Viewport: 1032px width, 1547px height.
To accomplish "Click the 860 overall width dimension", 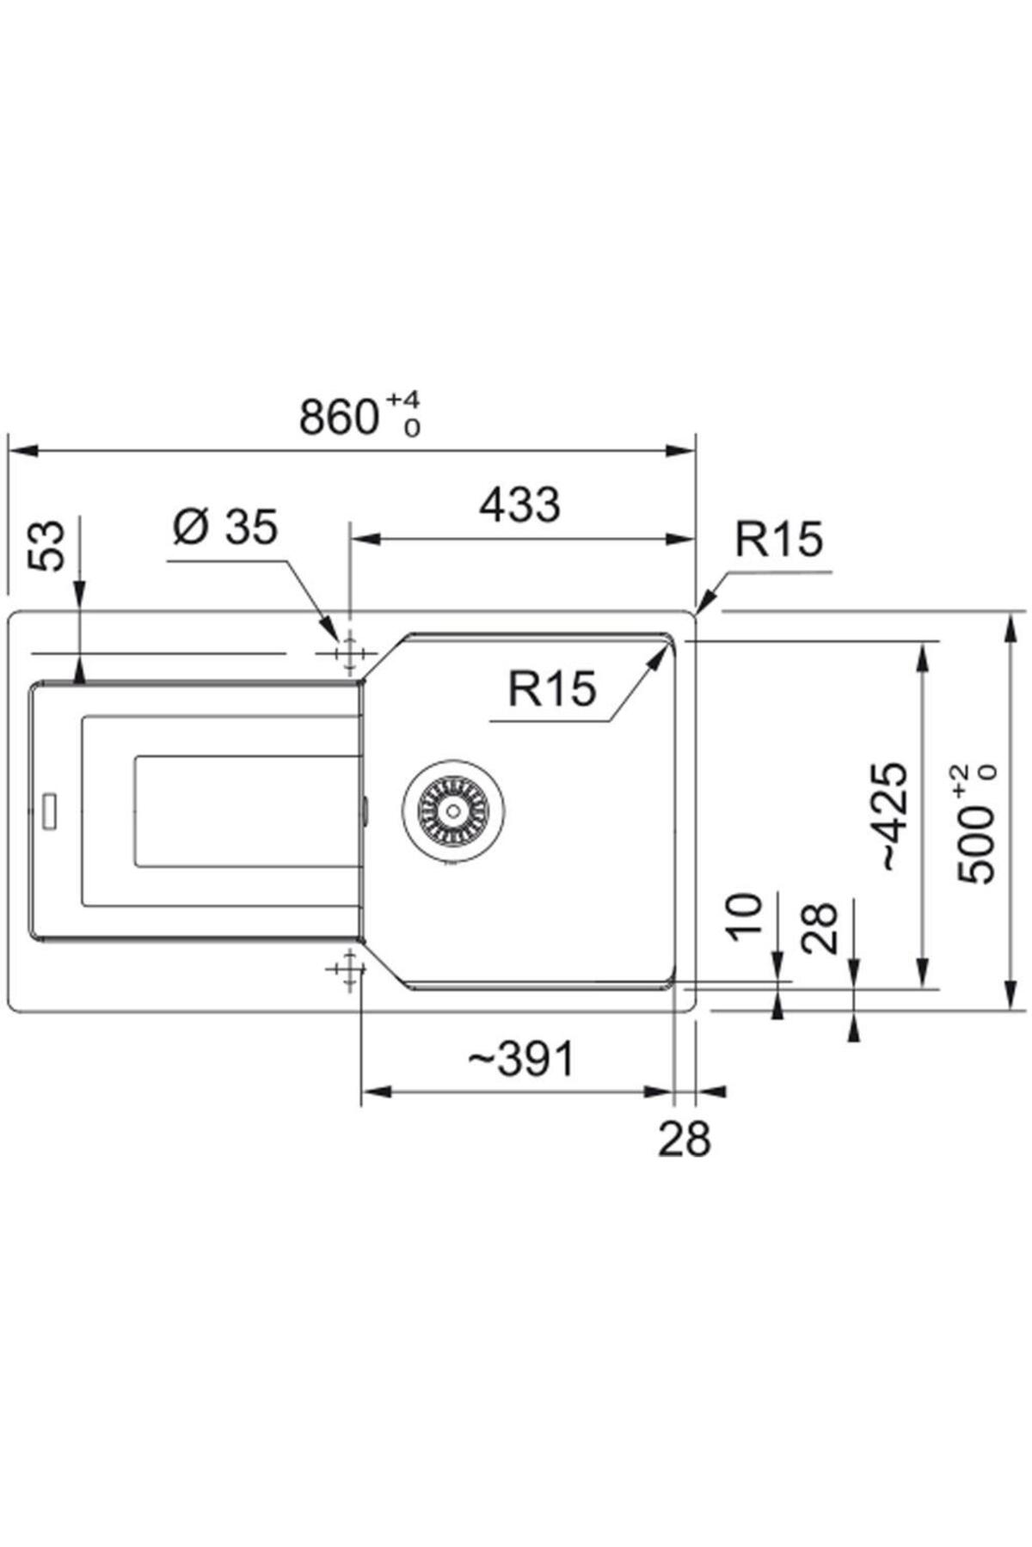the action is [339, 417].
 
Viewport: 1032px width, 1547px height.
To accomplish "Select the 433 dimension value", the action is [519, 504].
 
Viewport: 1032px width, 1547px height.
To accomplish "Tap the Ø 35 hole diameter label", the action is [225, 526].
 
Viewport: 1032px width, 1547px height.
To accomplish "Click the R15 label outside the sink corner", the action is [778, 539].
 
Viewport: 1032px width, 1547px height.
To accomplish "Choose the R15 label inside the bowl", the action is [551, 688].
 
